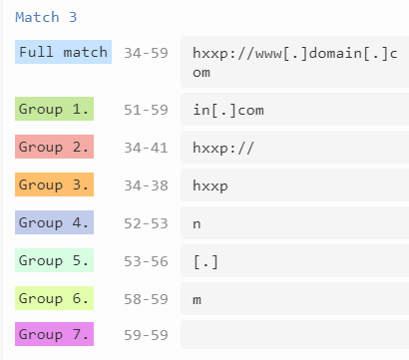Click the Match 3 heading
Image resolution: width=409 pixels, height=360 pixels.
(x=46, y=17)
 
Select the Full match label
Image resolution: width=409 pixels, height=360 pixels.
(x=62, y=52)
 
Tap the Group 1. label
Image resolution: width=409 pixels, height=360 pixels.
(x=55, y=108)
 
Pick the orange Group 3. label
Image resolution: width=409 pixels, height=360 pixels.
(x=55, y=184)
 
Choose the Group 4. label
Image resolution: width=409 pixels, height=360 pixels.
(x=55, y=222)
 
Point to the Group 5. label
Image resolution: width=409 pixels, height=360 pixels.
(x=55, y=260)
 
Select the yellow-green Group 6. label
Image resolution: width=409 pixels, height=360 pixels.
(x=55, y=298)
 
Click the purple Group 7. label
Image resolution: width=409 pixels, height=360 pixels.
(x=55, y=335)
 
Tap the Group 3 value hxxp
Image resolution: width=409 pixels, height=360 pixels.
(x=212, y=185)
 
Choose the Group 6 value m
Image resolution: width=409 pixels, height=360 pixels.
(x=198, y=299)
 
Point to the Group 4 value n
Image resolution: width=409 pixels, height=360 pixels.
(x=198, y=223)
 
